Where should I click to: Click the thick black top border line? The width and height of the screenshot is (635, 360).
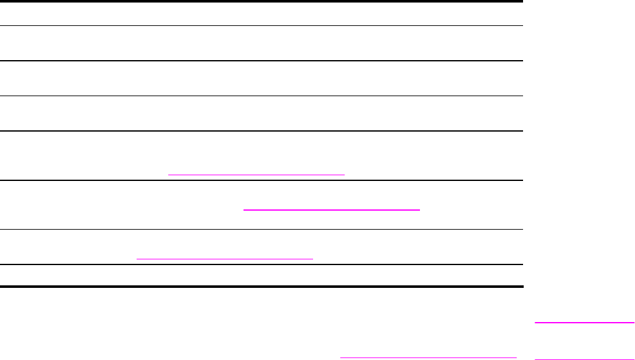262,2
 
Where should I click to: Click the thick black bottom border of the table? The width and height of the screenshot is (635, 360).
262,287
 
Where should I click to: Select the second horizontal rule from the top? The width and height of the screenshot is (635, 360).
262,26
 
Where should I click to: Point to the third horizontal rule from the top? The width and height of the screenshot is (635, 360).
262,61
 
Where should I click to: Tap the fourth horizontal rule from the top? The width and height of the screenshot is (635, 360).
262,96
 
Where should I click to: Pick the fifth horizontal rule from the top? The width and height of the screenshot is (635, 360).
262,131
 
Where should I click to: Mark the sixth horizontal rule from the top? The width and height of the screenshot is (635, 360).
262,180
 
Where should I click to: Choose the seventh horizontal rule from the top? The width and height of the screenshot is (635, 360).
262,229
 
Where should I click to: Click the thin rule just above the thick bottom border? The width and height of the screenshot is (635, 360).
262,264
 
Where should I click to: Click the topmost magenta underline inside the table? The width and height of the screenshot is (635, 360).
256,173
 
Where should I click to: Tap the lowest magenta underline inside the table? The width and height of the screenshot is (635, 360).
225,258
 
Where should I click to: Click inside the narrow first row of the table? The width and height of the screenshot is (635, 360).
262,14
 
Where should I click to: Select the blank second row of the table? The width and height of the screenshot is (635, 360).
262,44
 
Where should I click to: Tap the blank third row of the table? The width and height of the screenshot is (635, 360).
262,78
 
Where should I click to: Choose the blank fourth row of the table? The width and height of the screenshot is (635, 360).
262,114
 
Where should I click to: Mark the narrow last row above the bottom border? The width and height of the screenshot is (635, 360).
262,276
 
